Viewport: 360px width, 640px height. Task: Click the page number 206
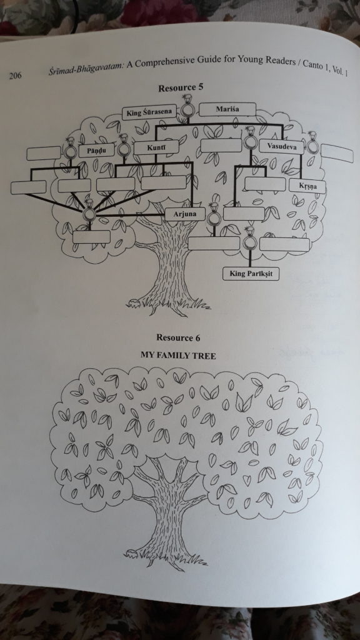pyautogui.click(x=15, y=75)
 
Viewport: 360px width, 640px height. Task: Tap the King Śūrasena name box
pyautogui.click(x=149, y=112)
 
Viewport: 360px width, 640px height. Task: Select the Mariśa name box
pyautogui.click(x=227, y=109)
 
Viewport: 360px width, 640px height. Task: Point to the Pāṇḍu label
pyautogui.click(x=96, y=151)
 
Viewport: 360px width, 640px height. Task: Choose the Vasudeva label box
pyautogui.click(x=282, y=146)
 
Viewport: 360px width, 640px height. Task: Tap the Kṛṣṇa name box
pyautogui.click(x=307, y=186)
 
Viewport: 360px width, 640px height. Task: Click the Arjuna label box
pyautogui.click(x=185, y=214)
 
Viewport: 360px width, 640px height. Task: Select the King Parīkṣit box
pyautogui.click(x=251, y=274)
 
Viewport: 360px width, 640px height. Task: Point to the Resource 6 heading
pyautogui.click(x=178, y=337)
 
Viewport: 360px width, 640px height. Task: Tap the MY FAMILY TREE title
pyautogui.click(x=178, y=356)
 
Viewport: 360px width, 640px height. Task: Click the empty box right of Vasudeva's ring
pyautogui.click(x=337, y=153)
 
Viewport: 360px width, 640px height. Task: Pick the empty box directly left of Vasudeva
pyautogui.click(x=221, y=145)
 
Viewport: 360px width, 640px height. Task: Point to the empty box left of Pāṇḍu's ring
pyautogui.click(x=44, y=153)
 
